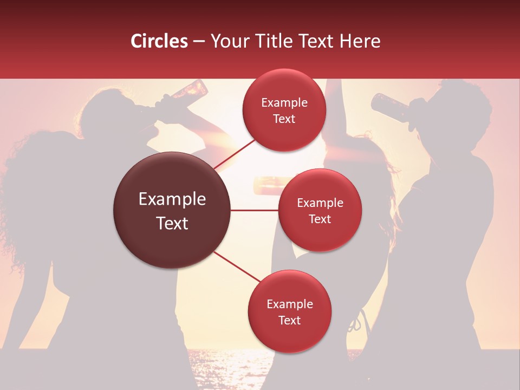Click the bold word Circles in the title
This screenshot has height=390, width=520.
[x=159, y=41]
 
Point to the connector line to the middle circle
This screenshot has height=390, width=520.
[x=255, y=210]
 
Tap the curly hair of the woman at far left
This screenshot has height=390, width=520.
[x=27, y=179]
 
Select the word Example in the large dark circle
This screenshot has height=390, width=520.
[x=172, y=199]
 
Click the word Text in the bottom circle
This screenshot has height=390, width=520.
[x=289, y=320]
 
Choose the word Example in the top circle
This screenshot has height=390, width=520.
[x=284, y=103]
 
